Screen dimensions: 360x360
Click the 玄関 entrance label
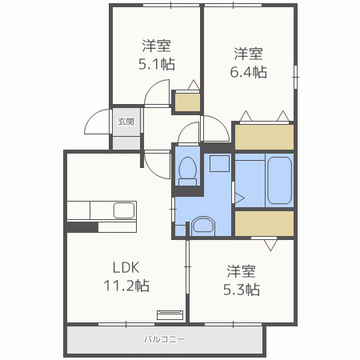pos(126,122)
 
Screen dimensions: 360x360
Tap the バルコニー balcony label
pos(164,339)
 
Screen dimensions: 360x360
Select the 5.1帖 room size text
pos(157,64)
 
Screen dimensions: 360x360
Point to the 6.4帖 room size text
pos(249,72)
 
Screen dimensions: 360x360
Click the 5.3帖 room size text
pos(242,290)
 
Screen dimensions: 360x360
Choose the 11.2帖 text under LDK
pos(126,286)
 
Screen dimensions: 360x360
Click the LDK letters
pos(126,267)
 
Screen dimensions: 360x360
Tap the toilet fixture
pos(188,171)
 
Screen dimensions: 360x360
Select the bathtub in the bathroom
pos(279,180)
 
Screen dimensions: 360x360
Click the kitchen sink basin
pos(124,210)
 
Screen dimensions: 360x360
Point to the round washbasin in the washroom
pos(203,226)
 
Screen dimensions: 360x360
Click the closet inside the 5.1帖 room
pos(187,102)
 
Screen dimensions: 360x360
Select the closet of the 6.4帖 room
pos(264,137)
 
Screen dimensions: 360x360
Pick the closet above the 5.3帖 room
pos(264,223)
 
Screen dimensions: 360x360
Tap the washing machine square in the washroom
pos(219,163)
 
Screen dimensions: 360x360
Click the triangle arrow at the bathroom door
pos(240,198)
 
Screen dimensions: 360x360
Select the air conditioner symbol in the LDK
pos(170,315)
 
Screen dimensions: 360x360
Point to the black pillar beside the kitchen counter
pos(82,227)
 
